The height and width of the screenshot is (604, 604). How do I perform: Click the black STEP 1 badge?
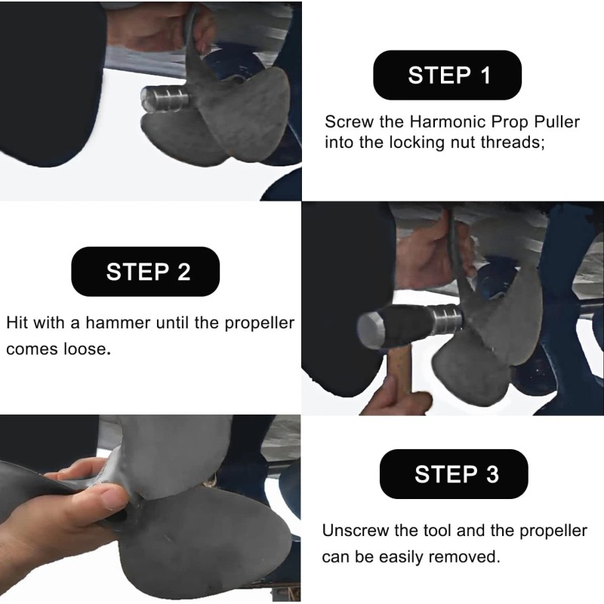coord(448,75)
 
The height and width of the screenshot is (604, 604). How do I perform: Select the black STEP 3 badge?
coord(455,474)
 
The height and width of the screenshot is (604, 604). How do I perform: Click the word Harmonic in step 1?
coord(438,122)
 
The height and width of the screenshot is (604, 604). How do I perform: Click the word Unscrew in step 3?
coord(353,531)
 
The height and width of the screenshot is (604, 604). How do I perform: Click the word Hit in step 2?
coord(18,323)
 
